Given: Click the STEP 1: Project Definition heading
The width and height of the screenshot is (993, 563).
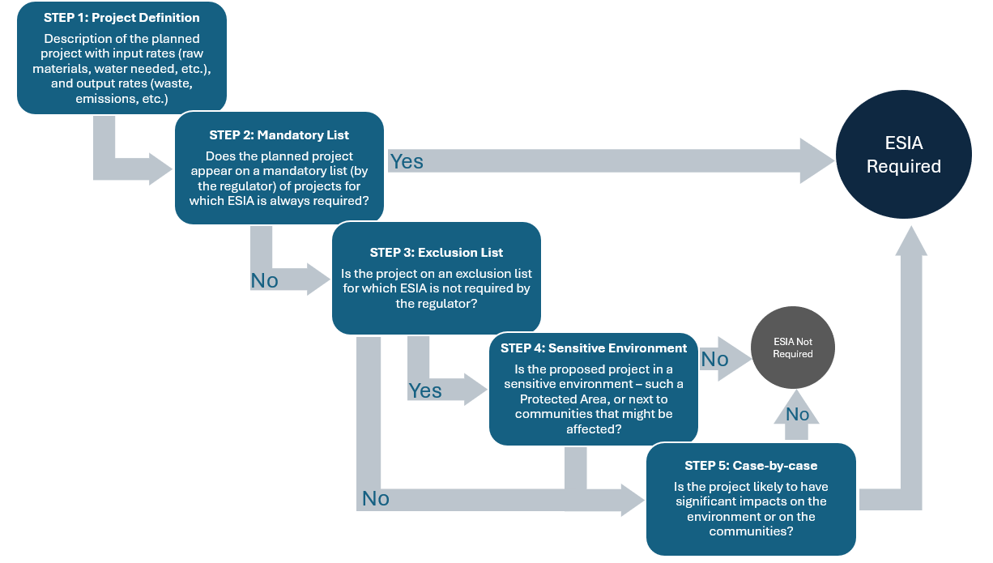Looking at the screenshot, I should point(121,19).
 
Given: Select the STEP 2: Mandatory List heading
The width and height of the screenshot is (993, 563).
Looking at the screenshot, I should point(279,134).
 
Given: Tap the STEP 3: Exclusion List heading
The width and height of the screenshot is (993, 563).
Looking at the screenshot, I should point(436,252).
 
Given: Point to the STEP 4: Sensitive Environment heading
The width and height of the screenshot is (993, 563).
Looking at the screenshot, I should point(594,348).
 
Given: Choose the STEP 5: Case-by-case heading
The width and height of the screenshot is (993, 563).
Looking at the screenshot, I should point(751,466).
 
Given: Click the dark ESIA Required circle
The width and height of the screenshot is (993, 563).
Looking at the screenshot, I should point(903,155).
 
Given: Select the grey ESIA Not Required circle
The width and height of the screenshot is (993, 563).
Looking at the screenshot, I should point(792,348).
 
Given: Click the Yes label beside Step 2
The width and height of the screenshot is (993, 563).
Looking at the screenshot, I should point(406,161).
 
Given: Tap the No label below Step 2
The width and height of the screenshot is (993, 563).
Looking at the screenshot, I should point(264,280).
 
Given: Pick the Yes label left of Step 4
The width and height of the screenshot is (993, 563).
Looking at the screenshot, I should point(425,390).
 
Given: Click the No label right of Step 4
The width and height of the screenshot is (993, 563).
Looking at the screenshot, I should point(714,359).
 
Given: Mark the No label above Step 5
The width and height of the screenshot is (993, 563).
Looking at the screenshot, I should point(797,414).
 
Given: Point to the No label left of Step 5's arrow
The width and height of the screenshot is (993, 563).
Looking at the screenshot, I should point(375,498).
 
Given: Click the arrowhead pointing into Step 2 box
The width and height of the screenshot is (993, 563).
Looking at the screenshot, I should point(161,168).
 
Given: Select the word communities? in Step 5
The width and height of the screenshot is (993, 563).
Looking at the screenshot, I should point(751,531).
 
